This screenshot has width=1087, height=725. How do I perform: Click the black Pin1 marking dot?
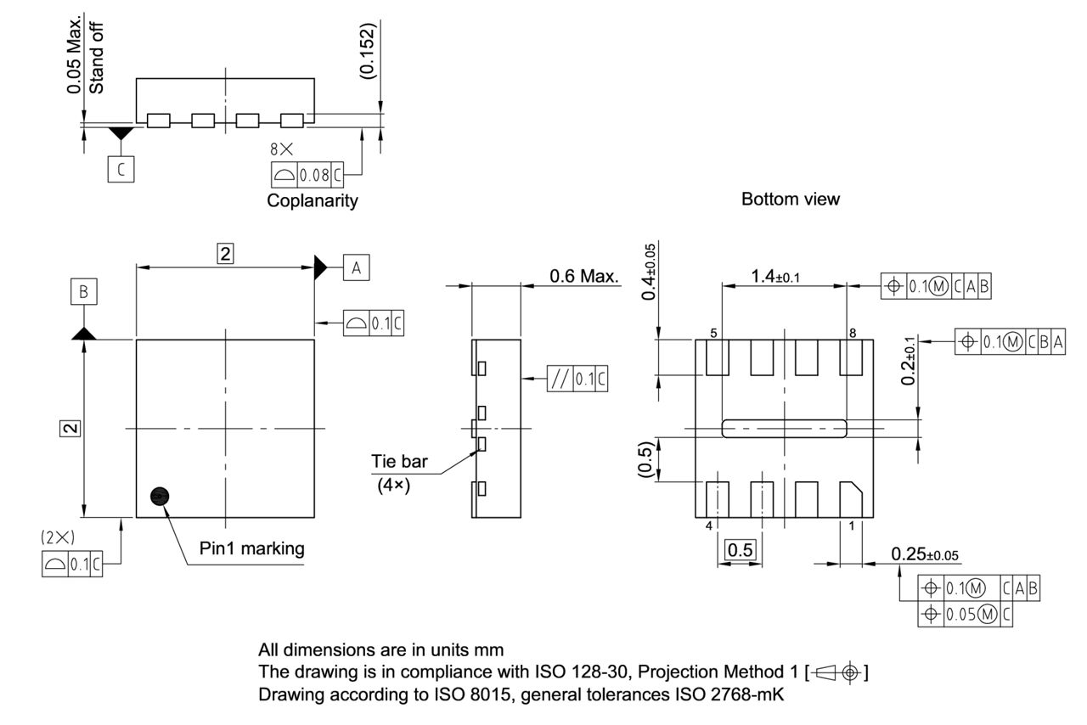pos(159,497)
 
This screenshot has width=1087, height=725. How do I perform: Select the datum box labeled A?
pos(356,267)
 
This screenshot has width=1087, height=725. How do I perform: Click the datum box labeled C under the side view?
pos(120,170)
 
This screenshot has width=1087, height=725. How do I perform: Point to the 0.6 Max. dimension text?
pos(584,276)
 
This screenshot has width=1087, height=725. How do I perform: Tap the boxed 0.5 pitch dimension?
pos(740,550)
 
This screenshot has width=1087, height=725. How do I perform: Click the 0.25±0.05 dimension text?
pos(926,554)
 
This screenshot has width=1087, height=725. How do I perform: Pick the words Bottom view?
pos(790,200)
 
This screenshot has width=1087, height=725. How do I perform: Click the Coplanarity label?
pos(313,201)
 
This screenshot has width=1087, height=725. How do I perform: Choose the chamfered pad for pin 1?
pos(851,498)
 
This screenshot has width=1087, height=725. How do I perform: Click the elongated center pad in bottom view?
pos(784,428)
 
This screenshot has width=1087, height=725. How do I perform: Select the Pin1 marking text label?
pos(251,548)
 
